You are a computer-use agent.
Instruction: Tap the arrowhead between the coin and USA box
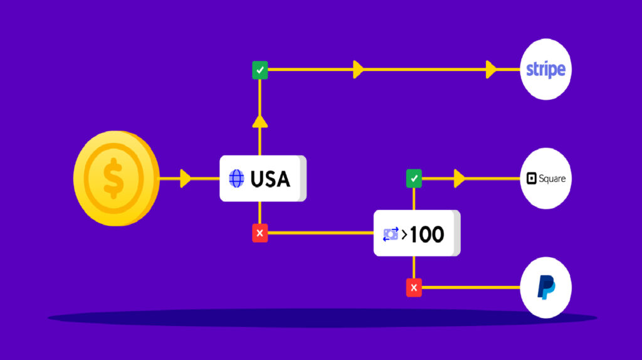pyautogui.click(x=185, y=179)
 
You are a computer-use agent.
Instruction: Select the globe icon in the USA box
pyautogui.click(x=237, y=179)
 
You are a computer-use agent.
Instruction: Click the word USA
pyautogui.click(x=270, y=179)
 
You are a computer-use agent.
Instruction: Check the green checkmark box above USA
pyautogui.click(x=260, y=70)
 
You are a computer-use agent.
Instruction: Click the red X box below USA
pyautogui.click(x=260, y=233)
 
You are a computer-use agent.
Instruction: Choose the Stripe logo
pyautogui.click(x=545, y=69)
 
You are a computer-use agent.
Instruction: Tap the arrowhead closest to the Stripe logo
pyautogui.click(x=491, y=70)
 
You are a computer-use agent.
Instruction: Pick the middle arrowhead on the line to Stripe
pyautogui.click(x=358, y=70)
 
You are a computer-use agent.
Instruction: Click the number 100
pyautogui.click(x=427, y=235)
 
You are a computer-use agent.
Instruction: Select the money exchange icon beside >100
pyautogui.click(x=391, y=235)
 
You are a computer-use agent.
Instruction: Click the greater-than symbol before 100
pyautogui.click(x=404, y=235)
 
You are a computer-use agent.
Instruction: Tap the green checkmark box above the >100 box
pyautogui.click(x=414, y=179)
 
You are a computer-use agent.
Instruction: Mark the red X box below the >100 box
pyautogui.click(x=414, y=288)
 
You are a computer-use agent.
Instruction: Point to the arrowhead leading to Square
pyautogui.click(x=460, y=179)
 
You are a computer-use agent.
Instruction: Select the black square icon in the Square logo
pyautogui.click(x=532, y=179)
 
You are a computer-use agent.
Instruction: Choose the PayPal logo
pyautogui.click(x=546, y=287)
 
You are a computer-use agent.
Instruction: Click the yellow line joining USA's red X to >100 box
pyautogui.click(x=320, y=233)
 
